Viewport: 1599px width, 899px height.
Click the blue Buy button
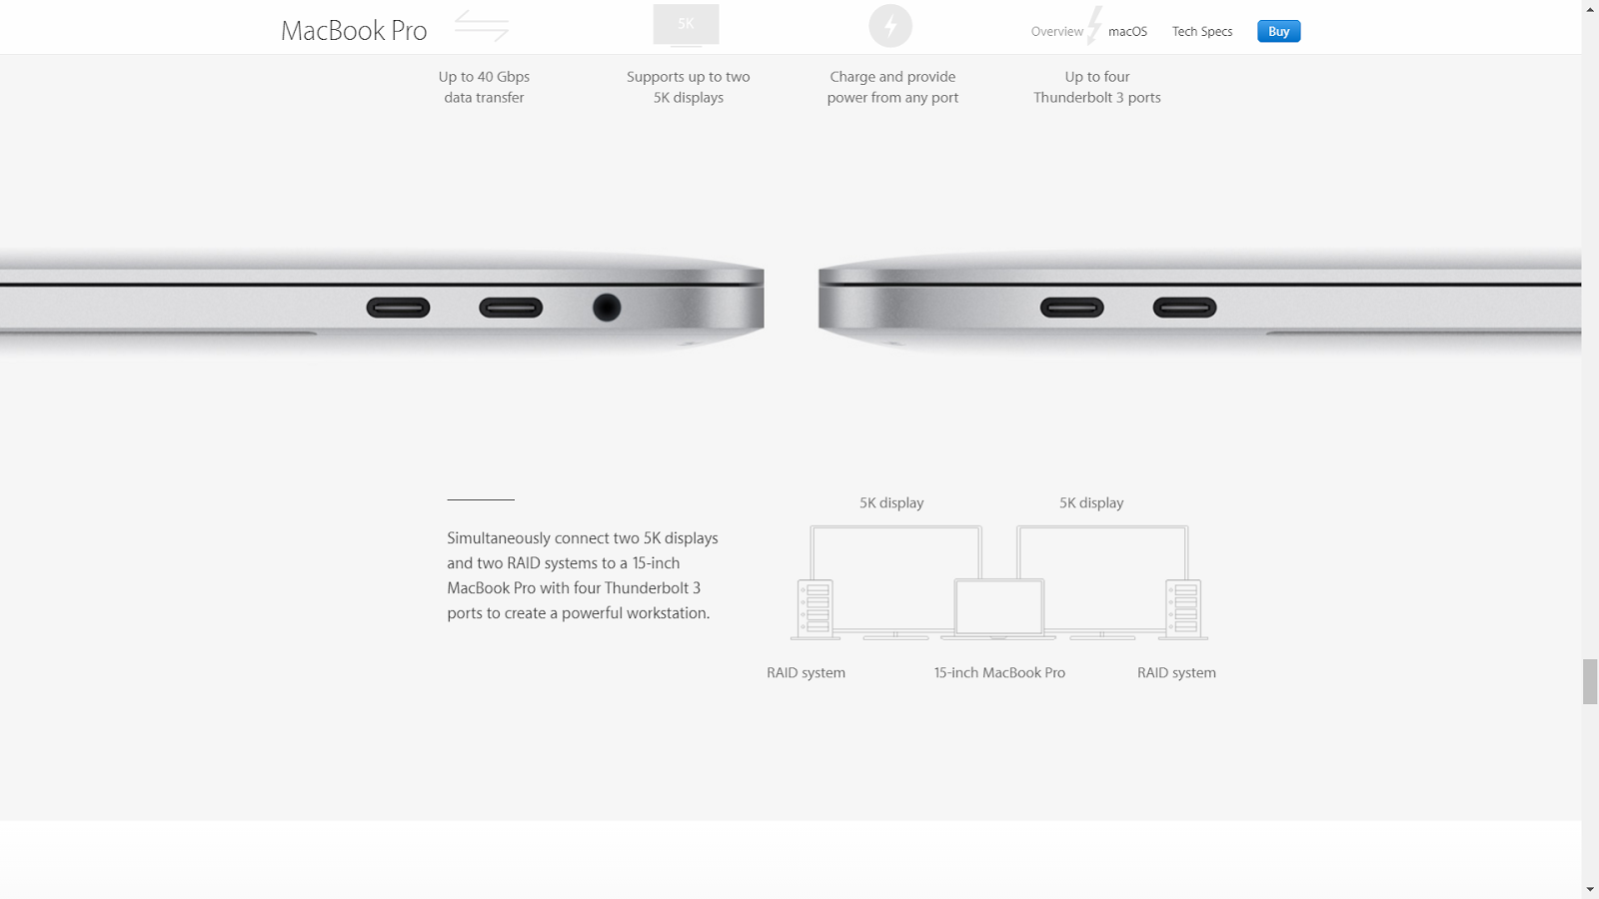(x=1278, y=32)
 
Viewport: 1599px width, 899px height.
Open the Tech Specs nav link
(x=1201, y=32)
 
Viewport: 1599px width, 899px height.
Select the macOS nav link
(x=1127, y=32)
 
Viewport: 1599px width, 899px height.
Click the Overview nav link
(x=1056, y=32)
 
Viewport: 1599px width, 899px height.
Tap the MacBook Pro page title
(x=354, y=31)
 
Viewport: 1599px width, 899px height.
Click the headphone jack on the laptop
(x=607, y=308)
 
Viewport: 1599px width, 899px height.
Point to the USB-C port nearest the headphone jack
(x=511, y=308)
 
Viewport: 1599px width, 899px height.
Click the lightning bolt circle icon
(x=890, y=26)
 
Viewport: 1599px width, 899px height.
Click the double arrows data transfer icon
(x=482, y=25)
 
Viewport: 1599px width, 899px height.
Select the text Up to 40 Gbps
(x=484, y=77)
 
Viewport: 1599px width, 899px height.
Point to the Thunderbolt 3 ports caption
(x=1096, y=98)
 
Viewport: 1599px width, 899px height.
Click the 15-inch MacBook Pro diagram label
(x=999, y=673)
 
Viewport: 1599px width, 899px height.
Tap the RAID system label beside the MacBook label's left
(x=805, y=673)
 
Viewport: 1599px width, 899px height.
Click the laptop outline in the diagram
(x=999, y=607)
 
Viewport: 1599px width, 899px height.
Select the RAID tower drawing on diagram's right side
(x=1184, y=608)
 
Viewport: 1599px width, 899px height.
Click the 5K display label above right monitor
(x=1091, y=503)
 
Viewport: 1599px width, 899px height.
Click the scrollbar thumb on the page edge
(x=1590, y=681)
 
